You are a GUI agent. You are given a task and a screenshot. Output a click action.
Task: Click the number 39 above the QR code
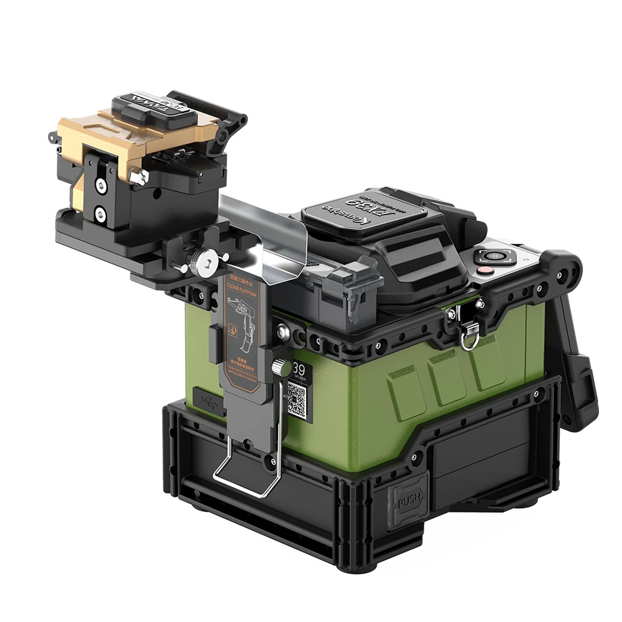[x=299, y=369]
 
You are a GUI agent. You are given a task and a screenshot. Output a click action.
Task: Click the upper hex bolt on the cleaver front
[x=100, y=185]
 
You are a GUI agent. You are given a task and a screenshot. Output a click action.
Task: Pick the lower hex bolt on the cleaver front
[x=100, y=215]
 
